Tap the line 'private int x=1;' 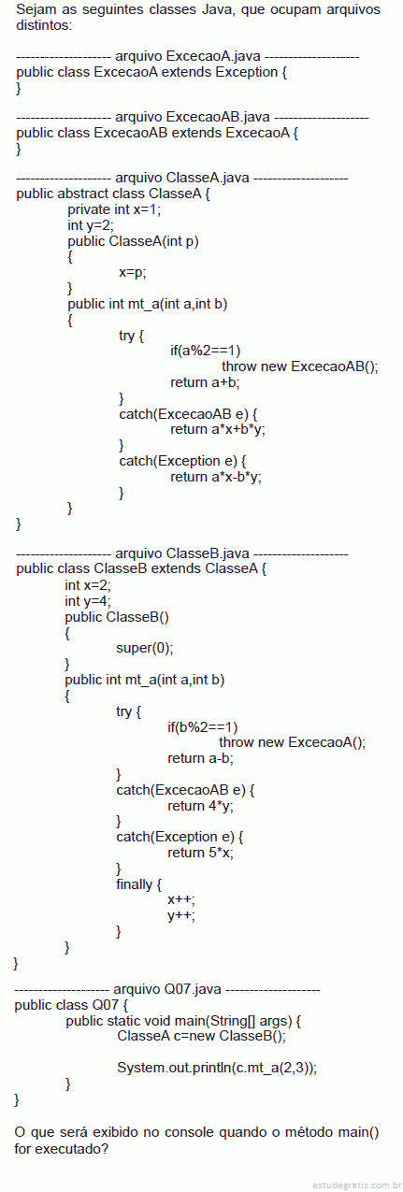click(114, 209)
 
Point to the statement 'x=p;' click(132, 272)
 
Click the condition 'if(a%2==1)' click(206, 351)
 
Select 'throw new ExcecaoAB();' click(300, 366)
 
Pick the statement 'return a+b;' click(205, 382)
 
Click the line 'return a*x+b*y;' click(218, 429)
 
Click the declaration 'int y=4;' click(88, 601)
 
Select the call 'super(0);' click(145, 648)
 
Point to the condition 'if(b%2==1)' click(203, 727)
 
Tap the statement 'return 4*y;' click(200, 806)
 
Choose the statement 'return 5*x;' click(200, 853)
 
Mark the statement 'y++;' click(181, 915)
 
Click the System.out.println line click(217, 1068)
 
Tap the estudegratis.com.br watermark click(356, 1185)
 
